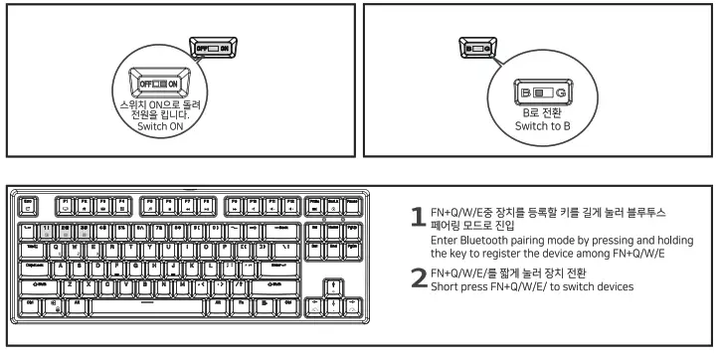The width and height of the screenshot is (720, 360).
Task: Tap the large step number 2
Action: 419,280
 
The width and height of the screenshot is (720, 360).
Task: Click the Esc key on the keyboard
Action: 28,206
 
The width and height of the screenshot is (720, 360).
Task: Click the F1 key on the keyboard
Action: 66,206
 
